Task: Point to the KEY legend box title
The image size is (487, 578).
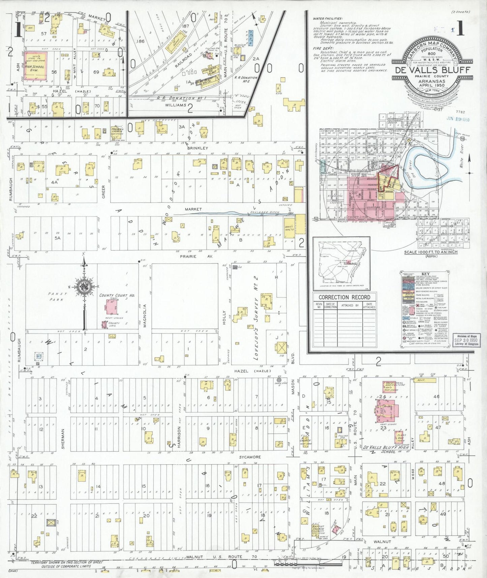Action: [x=425, y=274]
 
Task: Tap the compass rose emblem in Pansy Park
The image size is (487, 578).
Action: [x=83, y=287]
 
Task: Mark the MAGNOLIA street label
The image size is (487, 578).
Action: [x=145, y=316]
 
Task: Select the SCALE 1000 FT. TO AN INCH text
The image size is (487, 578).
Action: [x=431, y=252]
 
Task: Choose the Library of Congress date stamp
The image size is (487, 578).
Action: [x=463, y=339]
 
